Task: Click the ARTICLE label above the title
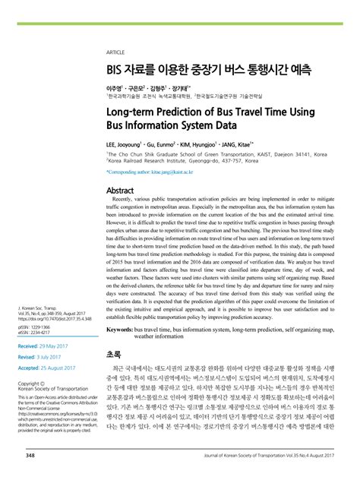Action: click(115, 52)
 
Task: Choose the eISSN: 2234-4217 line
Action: click(40, 333)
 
